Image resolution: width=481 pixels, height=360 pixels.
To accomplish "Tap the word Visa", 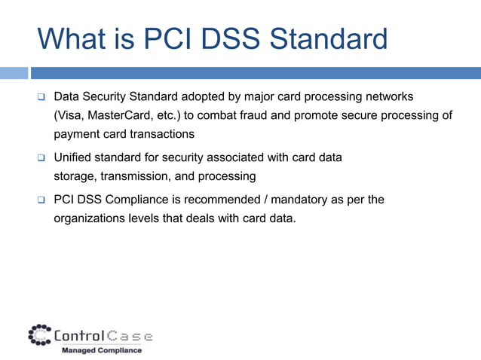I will tap(70, 115).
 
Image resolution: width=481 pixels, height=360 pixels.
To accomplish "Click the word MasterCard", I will tap(124, 115).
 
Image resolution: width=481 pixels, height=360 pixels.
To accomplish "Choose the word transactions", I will tap(161, 134).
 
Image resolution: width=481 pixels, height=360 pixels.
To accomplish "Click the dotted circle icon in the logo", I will tap(39, 334).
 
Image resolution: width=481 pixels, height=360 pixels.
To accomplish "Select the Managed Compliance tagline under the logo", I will tap(101, 350).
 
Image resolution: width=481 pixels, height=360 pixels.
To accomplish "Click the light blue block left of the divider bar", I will tap(14, 73).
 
